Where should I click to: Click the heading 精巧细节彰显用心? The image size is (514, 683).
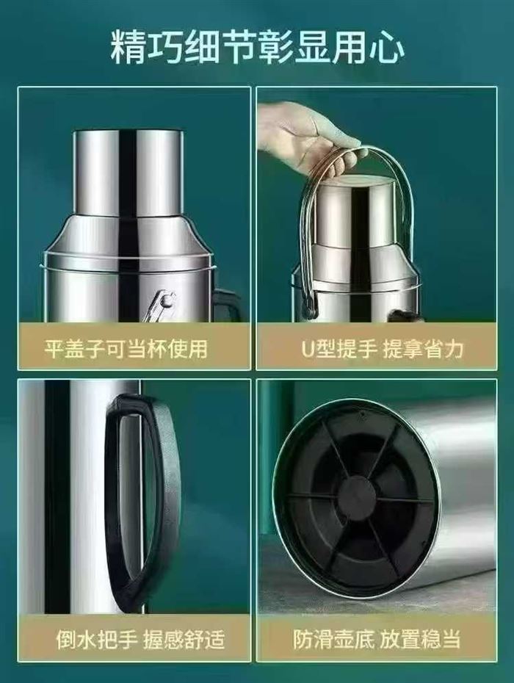coord(257,46)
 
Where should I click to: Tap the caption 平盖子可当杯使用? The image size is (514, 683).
coord(126,348)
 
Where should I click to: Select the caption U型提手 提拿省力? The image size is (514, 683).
coord(383,350)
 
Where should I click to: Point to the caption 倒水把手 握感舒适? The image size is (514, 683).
coord(140,640)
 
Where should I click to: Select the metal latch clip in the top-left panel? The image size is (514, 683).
coord(160,305)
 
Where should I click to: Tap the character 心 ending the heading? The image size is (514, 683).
coord(387,47)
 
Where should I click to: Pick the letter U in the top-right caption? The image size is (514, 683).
coord(308,350)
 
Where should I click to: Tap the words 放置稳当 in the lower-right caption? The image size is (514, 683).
coord(420,640)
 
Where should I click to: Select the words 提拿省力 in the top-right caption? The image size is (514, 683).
coord(423,350)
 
